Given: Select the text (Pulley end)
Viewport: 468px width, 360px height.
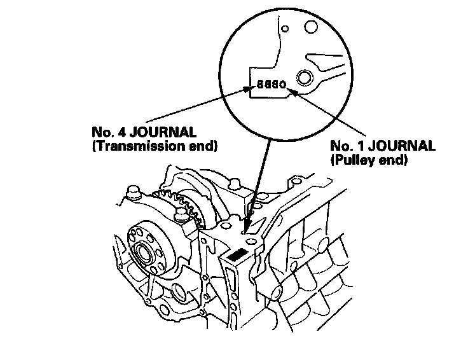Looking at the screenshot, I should [x=368, y=160].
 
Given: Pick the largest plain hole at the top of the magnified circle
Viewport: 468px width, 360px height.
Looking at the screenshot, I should [x=310, y=28].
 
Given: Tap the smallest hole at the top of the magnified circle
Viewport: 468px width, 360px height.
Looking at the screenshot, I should [x=285, y=28].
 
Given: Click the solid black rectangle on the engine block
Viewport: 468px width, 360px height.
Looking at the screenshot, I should [x=237, y=256].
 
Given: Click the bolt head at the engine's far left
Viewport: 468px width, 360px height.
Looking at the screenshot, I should [x=134, y=192].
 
